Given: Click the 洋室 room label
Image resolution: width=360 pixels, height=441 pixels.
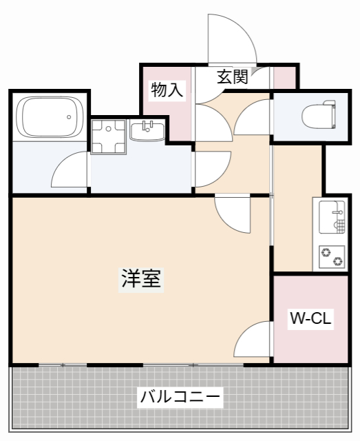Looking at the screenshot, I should [x=142, y=279].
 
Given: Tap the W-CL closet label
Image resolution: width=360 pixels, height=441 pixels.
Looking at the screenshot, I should [x=310, y=318].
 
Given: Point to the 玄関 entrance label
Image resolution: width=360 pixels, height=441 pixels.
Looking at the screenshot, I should [x=232, y=76].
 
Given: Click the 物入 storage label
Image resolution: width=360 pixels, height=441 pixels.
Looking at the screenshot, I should [x=167, y=90].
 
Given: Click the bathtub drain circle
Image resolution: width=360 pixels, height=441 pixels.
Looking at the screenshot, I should [x=70, y=117].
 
